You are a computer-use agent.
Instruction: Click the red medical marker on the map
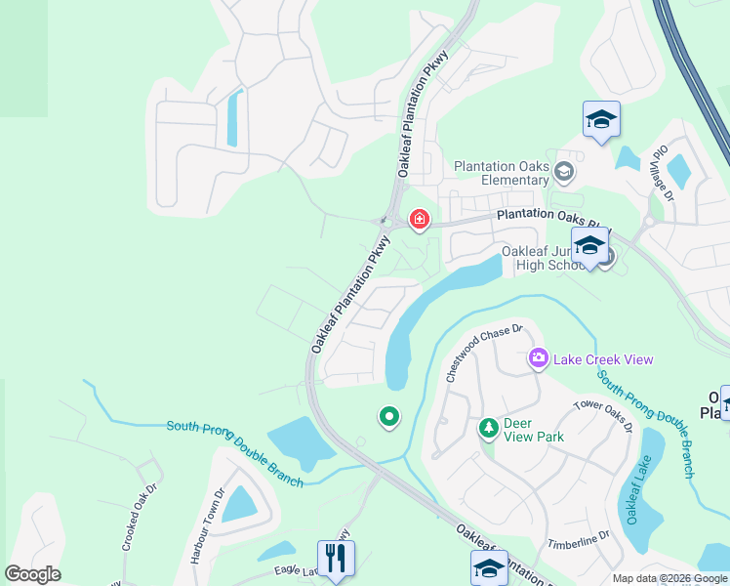pos(420,219)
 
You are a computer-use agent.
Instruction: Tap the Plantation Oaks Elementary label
pos(502,173)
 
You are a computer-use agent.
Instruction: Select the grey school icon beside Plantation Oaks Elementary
pos(564,173)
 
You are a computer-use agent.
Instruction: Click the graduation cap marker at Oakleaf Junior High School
pos(589,247)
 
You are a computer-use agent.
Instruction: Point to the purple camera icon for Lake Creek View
pos(538,359)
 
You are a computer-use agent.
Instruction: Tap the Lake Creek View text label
pos(603,359)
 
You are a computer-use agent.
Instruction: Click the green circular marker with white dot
pos(389,418)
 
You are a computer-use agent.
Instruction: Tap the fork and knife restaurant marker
pos(336,559)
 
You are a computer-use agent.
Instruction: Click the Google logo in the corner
pos(32,574)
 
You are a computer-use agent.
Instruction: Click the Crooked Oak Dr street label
pos(139,518)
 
